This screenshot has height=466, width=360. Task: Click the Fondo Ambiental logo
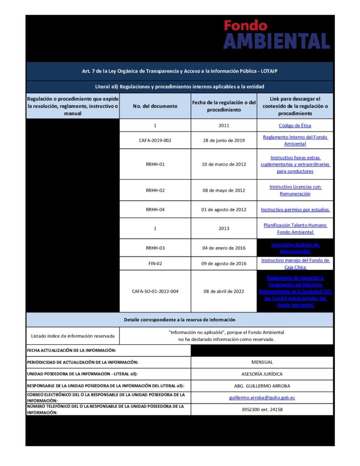[276, 34]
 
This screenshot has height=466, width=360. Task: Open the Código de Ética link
[295, 126]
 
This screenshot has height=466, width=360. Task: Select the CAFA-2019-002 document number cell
[155, 141]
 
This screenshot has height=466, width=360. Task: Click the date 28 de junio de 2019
[223, 141]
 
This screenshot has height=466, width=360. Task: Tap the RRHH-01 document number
[155, 164]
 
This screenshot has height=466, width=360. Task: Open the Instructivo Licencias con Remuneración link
[295, 190]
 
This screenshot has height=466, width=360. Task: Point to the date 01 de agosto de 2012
[223, 210]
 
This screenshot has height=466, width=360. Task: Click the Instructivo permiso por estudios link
[295, 210]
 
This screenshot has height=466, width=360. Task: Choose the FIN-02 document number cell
[155, 263]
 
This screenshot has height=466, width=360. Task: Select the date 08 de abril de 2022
[223, 291]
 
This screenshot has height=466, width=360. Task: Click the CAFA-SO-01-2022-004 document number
[155, 291]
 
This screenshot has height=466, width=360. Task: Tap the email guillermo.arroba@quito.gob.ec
[262, 398]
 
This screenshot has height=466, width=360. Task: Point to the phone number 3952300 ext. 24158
[262, 410]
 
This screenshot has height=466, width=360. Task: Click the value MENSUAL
[262, 362]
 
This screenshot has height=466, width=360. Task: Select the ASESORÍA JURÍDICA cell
[262, 374]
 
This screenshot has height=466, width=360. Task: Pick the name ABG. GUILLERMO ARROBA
[262, 386]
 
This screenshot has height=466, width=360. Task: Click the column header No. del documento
[155, 106]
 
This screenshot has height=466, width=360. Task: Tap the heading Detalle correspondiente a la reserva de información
[179, 320]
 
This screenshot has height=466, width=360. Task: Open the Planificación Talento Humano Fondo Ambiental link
[295, 228]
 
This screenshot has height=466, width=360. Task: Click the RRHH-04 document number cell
[155, 210]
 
